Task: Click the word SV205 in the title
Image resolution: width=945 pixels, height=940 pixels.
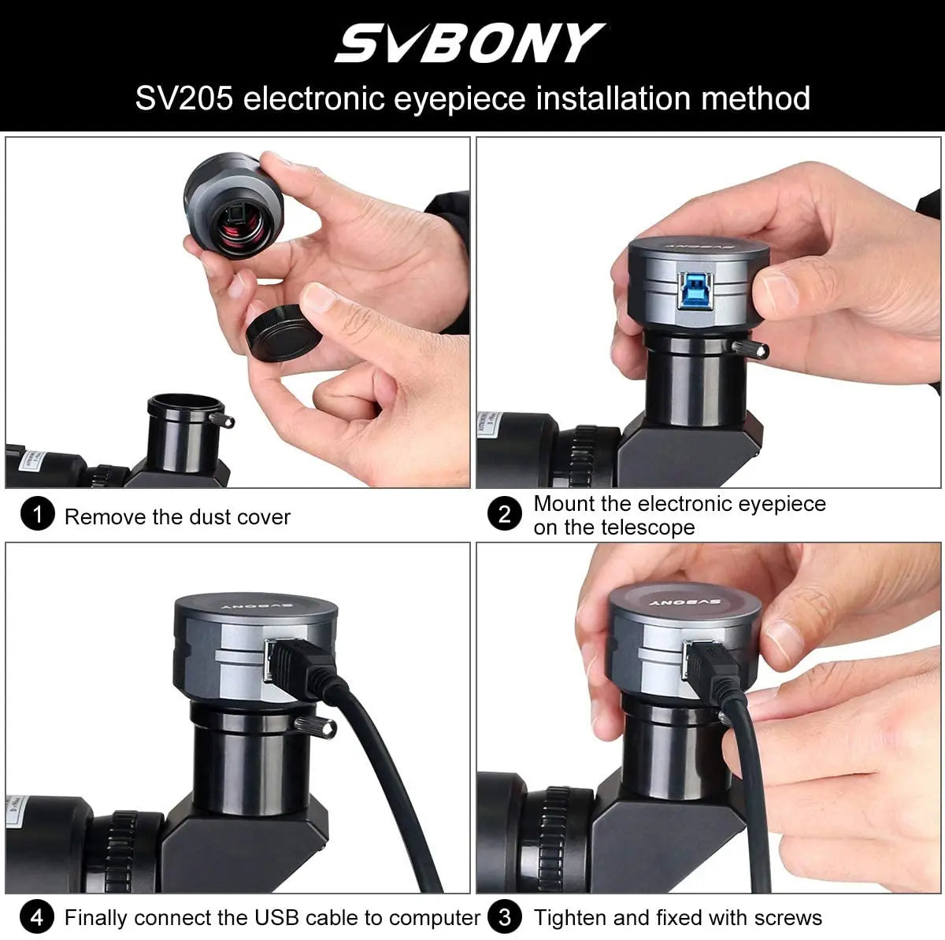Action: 183,99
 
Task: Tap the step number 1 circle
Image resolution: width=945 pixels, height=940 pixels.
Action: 36,516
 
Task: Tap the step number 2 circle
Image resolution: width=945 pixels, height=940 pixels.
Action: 505,515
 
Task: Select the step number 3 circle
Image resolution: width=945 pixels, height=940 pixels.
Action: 505,917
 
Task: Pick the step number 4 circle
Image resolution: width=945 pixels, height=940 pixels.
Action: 36,917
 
